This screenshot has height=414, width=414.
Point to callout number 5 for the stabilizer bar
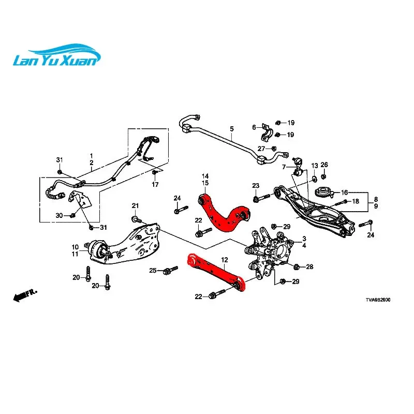coord(231,129)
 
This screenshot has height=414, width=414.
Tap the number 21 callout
coord(136,206)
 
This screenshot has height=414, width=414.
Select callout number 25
coord(153,271)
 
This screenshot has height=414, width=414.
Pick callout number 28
coord(309,267)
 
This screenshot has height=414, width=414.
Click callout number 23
coord(256,186)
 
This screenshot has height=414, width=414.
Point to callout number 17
coord(154,185)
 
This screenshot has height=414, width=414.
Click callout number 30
coord(59,215)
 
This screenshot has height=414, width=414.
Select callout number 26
coord(324,165)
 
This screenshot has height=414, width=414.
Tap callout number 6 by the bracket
coord(254,127)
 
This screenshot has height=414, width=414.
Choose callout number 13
coord(314,165)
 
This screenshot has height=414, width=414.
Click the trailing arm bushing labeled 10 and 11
coord(100,252)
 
